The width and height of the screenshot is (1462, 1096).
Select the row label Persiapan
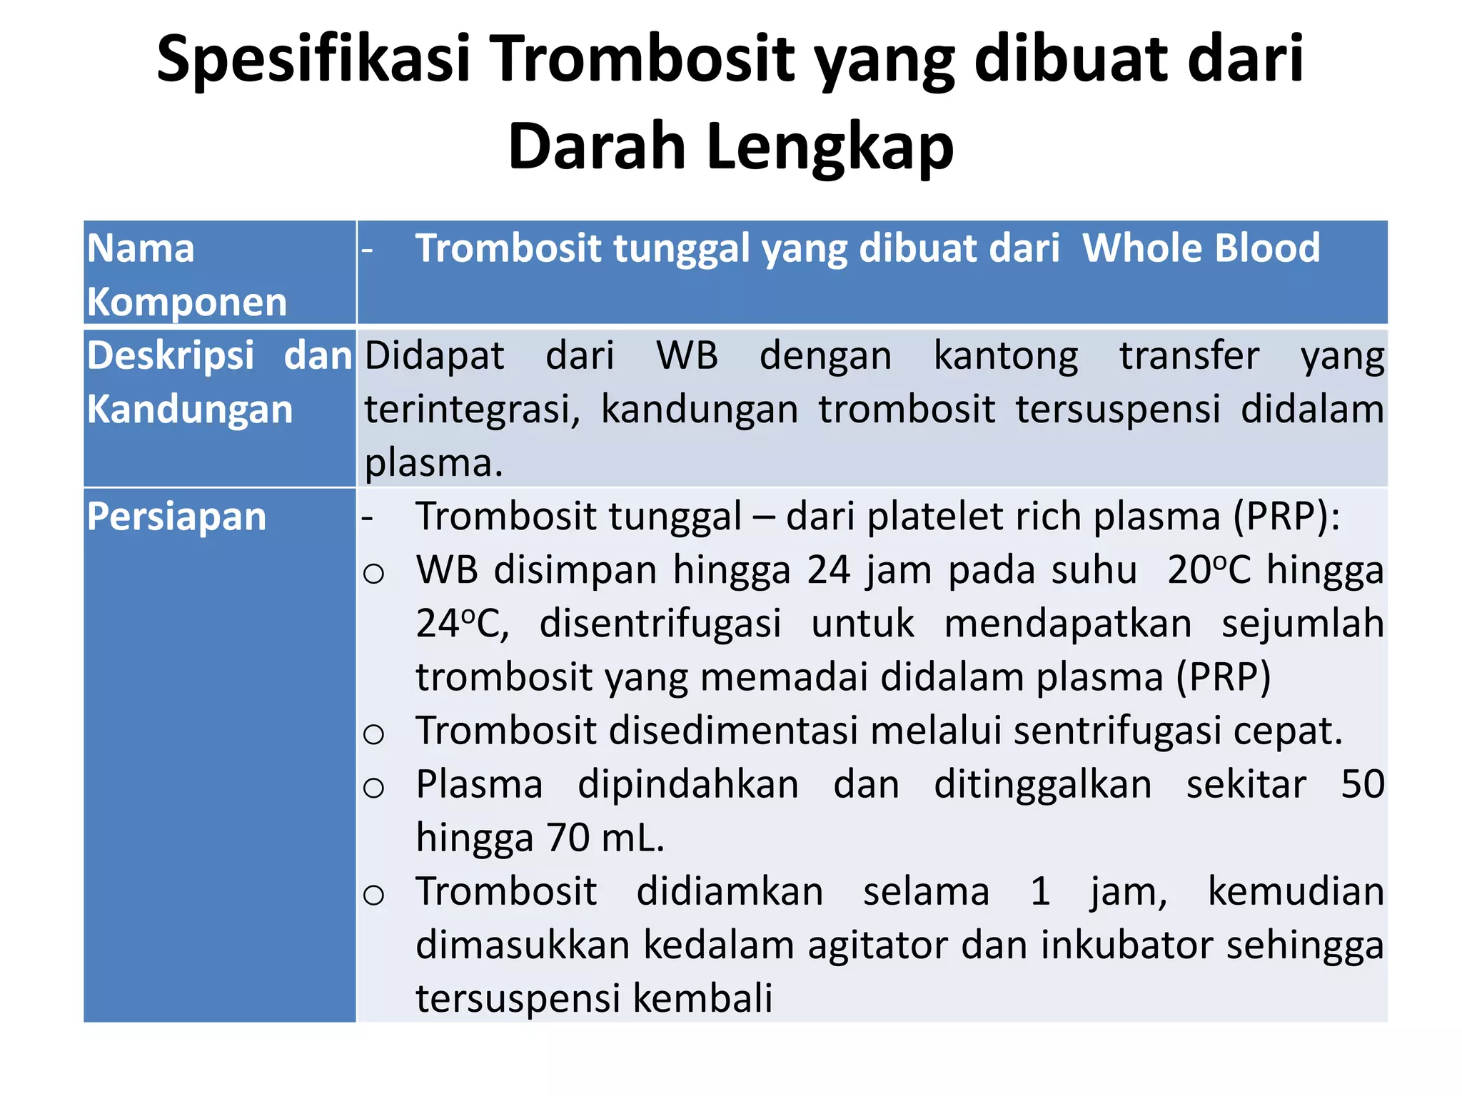176,516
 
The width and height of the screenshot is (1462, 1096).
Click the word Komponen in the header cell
187,302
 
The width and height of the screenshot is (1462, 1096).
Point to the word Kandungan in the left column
190,410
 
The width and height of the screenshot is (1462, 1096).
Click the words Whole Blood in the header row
1201,248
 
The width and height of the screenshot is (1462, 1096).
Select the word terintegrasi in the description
472,410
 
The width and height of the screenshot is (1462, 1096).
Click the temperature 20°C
1209,570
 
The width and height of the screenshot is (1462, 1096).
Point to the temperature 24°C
462,624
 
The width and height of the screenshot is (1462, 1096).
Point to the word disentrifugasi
660,624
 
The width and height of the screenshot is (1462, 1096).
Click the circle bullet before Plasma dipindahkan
374,787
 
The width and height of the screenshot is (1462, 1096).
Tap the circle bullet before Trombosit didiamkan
374,894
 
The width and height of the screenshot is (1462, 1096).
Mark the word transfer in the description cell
1189,356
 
